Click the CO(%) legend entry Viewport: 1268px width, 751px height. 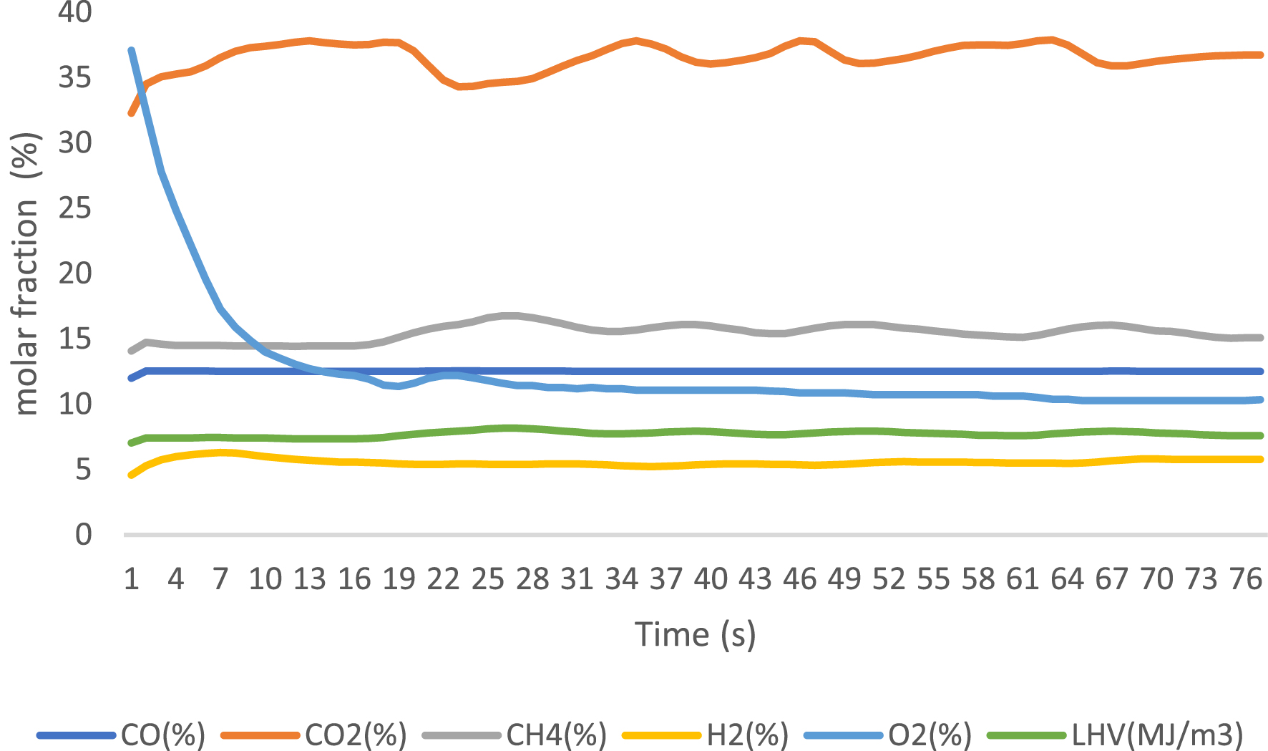click(x=122, y=735)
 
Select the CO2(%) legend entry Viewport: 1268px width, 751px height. click(x=315, y=735)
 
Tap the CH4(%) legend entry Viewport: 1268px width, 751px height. click(x=515, y=735)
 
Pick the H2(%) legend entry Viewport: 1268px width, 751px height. click(x=706, y=735)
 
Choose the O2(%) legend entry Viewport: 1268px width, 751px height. click(x=888, y=735)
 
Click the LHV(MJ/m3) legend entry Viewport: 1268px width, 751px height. click(x=1116, y=735)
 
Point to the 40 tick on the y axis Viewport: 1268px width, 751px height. click(x=75, y=12)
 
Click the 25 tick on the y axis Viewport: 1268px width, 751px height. click(x=75, y=208)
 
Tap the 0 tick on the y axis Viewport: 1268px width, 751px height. click(x=84, y=535)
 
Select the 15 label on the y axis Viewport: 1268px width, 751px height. click(x=75, y=339)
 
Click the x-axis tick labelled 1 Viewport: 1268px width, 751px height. click(x=131, y=578)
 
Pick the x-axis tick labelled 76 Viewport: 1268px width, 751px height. click(x=1246, y=578)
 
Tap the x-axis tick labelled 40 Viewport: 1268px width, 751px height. click(x=711, y=578)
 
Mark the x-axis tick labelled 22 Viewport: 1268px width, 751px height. click(x=443, y=578)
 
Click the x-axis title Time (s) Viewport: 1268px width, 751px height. click(x=696, y=634)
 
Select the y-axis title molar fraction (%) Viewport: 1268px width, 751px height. click(x=26, y=273)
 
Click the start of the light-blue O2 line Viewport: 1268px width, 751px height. click(x=131, y=50)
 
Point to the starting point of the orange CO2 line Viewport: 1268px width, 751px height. click(x=131, y=113)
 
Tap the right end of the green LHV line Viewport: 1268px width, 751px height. click(x=1261, y=435)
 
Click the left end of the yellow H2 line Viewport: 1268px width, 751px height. click(x=131, y=475)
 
